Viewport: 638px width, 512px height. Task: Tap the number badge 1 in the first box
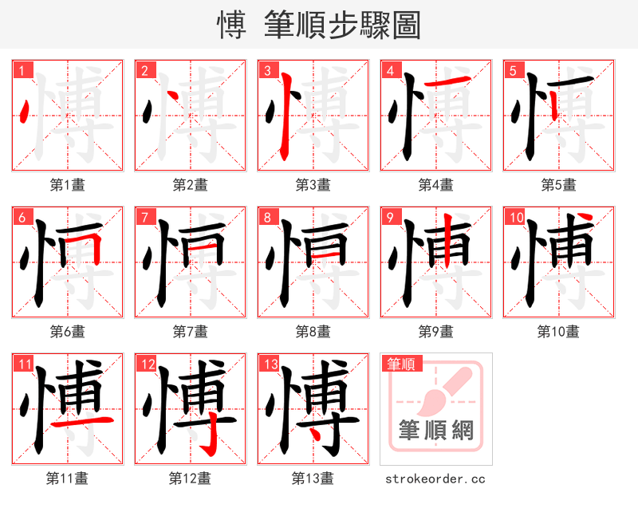point(22,71)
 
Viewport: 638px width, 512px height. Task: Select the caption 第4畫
point(435,185)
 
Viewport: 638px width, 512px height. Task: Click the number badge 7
point(144,218)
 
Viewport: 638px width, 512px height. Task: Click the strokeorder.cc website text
point(435,479)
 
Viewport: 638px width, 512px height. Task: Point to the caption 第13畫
point(313,479)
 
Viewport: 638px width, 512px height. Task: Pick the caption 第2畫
point(190,185)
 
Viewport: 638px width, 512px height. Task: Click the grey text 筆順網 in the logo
point(435,431)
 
